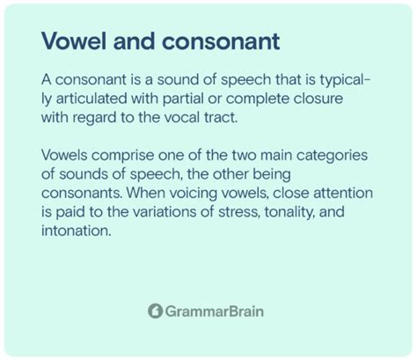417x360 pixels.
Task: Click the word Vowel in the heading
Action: [x=74, y=41]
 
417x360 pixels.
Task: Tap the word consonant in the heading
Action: [x=221, y=41]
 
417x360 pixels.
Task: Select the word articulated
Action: [x=91, y=99]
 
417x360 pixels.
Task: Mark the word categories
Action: [x=332, y=156]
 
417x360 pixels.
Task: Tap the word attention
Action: [x=343, y=194]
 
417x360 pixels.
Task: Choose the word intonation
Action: [x=77, y=231]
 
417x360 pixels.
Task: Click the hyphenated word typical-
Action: [x=345, y=80]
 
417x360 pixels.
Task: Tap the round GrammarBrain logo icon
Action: [x=155, y=311]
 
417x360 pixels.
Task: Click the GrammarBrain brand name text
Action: [x=215, y=312]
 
